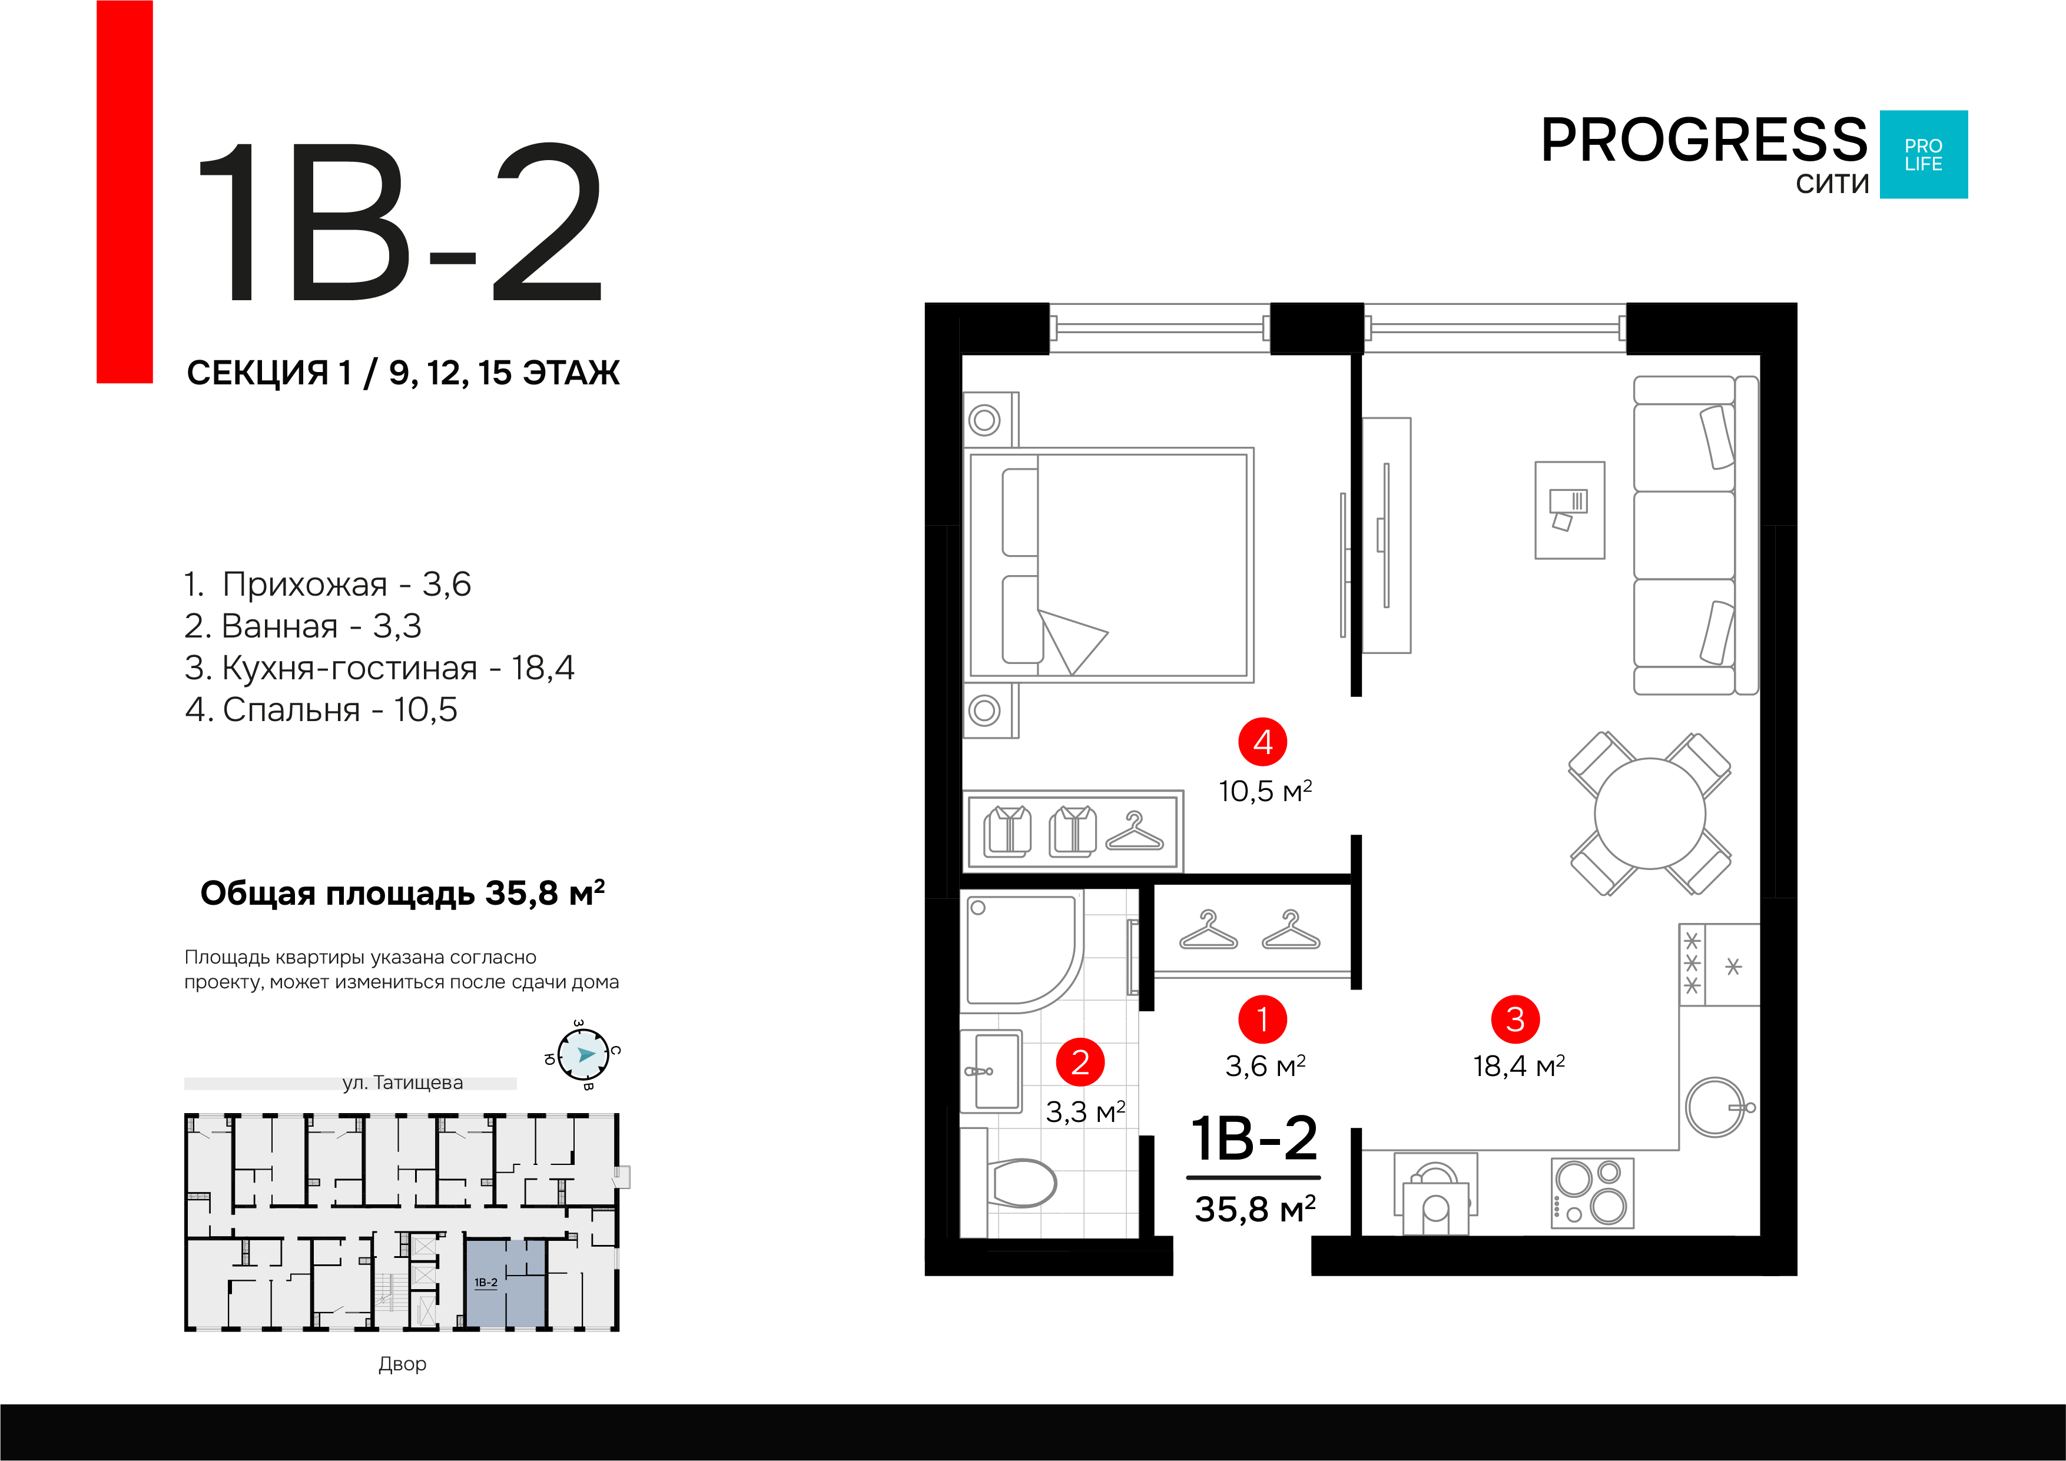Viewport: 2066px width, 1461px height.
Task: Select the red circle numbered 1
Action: (x=1262, y=1020)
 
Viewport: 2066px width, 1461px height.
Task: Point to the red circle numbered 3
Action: (x=1515, y=1020)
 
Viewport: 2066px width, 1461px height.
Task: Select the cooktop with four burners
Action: (x=1593, y=1193)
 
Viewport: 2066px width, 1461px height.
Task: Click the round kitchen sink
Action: (x=1715, y=1107)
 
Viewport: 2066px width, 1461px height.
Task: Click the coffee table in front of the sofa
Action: (x=1569, y=510)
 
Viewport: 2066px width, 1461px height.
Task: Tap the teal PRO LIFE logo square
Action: (x=1924, y=155)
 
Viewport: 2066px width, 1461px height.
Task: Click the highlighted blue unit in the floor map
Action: (x=505, y=1283)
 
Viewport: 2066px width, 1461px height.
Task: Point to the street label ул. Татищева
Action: (x=402, y=1083)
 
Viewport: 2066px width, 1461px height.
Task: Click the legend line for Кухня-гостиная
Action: (x=379, y=668)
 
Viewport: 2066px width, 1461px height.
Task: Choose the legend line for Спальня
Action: (x=321, y=710)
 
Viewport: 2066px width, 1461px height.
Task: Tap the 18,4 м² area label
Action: (x=1519, y=1066)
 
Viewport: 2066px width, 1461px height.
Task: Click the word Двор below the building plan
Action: (x=402, y=1364)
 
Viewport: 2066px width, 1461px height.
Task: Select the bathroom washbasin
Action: (x=991, y=1071)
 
